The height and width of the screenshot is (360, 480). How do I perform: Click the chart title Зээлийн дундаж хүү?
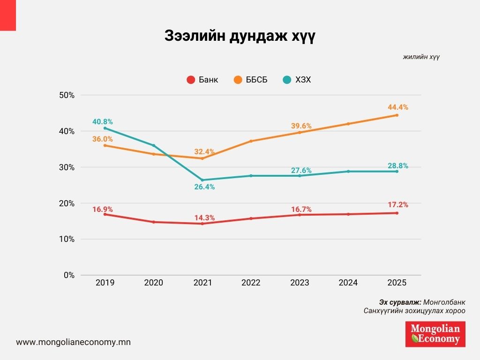click(x=240, y=36)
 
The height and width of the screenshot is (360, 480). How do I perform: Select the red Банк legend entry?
click(x=202, y=80)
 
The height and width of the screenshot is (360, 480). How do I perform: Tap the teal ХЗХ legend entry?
click(x=297, y=80)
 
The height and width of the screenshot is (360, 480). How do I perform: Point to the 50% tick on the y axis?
click(x=67, y=95)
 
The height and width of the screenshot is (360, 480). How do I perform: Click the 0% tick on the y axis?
click(x=69, y=275)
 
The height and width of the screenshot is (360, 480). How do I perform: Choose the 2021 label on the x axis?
click(x=202, y=283)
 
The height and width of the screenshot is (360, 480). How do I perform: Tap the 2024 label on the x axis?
click(x=348, y=283)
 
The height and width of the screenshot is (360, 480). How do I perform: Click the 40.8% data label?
click(x=103, y=122)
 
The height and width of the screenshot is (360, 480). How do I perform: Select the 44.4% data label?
click(x=398, y=107)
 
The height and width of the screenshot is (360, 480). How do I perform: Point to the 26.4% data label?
click(x=204, y=187)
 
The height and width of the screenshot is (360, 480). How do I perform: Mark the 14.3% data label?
click(x=204, y=217)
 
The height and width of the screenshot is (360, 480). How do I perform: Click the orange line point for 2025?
click(x=397, y=115)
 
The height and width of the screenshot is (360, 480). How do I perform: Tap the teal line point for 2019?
click(x=105, y=128)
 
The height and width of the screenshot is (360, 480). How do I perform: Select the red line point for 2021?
click(x=202, y=224)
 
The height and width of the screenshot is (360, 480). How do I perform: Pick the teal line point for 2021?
click(x=202, y=180)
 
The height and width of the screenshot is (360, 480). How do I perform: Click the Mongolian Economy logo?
click(x=435, y=334)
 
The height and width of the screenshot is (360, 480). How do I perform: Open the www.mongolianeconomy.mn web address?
click(x=73, y=342)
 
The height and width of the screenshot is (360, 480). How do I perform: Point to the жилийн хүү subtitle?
click(x=421, y=57)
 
